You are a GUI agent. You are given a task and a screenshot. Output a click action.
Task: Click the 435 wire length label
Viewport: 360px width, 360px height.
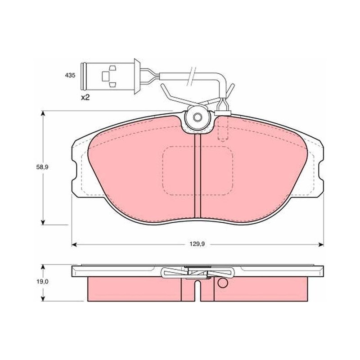[x=70, y=75]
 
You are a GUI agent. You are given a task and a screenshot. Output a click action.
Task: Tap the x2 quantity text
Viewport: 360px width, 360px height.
[x=85, y=98]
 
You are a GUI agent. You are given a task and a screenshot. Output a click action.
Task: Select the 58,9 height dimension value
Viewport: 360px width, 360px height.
[x=42, y=167]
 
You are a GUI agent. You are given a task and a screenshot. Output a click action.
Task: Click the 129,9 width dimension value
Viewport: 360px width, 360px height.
[x=197, y=244]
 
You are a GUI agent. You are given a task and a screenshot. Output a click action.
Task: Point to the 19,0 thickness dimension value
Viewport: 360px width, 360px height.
[x=42, y=282]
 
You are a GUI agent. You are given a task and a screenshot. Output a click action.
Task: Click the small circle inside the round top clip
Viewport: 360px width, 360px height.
[x=197, y=117]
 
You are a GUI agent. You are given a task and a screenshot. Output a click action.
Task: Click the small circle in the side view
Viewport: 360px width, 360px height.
[x=222, y=283]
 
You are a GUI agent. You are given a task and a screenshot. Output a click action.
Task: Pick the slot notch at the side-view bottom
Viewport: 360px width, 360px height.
[x=198, y=291]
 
